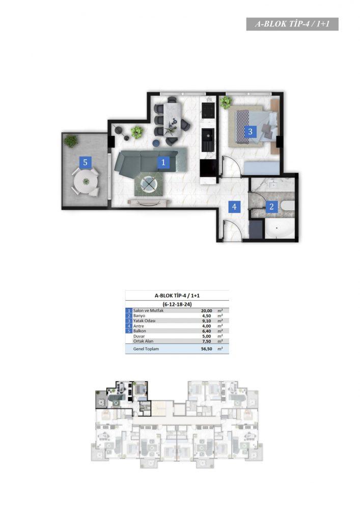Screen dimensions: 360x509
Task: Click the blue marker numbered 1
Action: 163,162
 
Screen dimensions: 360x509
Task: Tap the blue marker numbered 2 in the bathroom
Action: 272,206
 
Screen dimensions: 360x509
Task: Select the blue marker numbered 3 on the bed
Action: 250,131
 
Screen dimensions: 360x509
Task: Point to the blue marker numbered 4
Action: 234,206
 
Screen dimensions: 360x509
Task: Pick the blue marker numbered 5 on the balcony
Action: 86,162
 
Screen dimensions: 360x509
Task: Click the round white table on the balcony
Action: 86,182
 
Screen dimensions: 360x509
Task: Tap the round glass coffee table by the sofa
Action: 149,184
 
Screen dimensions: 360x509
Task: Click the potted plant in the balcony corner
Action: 70,141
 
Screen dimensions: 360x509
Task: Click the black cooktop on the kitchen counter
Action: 208,110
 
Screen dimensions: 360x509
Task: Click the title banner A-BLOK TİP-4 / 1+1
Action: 292,24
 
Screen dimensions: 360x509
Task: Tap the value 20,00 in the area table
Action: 206,310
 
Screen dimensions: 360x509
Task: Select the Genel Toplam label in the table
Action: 146,349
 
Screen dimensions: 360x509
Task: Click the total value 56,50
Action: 206,349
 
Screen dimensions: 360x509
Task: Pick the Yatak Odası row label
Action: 145,321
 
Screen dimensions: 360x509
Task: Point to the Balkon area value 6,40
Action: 206,331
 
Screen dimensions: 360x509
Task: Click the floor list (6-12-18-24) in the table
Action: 177,304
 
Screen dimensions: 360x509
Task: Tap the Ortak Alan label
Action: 143,341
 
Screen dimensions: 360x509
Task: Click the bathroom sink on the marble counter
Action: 272,185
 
